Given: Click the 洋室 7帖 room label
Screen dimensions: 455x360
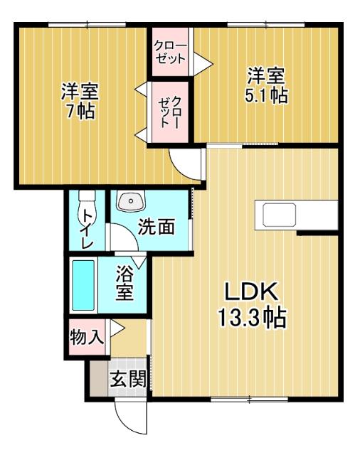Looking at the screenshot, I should pyautogui.click(x=79, y=102).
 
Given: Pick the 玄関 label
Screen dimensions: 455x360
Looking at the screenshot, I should pyautogui.click(x=127, y=379).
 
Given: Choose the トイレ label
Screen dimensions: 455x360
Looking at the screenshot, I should pyautogui.click(x=87, y=227).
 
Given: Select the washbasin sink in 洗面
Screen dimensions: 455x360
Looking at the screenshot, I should pyautogui.click(x=129, y=202).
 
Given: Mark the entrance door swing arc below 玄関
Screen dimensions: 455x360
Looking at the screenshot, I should pyautogui.click(x=132, y=419).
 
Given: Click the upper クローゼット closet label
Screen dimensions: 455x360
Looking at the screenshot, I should pyautogui.click(x=171, y=50).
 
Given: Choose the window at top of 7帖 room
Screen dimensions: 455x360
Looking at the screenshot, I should pyautogui.click(x=86, y=26).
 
